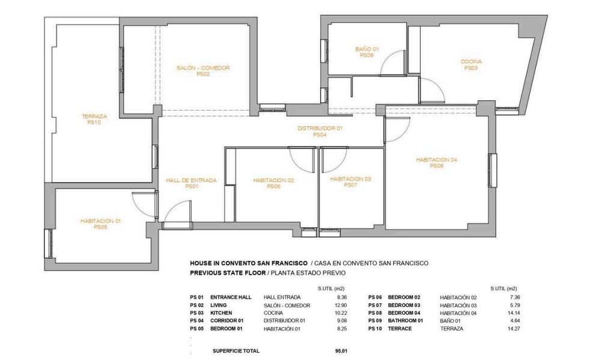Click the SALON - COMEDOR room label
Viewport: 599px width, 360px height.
pos(203,68)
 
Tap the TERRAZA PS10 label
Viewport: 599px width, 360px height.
pos(94,120)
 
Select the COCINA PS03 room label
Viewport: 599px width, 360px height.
pos(471,64)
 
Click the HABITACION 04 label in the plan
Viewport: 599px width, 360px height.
pos(436,160)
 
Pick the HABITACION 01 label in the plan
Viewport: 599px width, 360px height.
pos(100,221)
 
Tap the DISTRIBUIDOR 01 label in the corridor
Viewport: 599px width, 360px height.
pos(320,129)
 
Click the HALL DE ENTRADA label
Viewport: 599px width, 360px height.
pos(192,180)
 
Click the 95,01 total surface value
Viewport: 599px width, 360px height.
pos(341,351)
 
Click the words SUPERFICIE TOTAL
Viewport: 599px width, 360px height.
pos(236,351)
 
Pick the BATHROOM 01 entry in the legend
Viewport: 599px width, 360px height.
pos(406,321)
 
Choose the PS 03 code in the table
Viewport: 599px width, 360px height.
pos(196,313)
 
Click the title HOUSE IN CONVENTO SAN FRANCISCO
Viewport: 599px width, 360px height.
pos(249,263)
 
